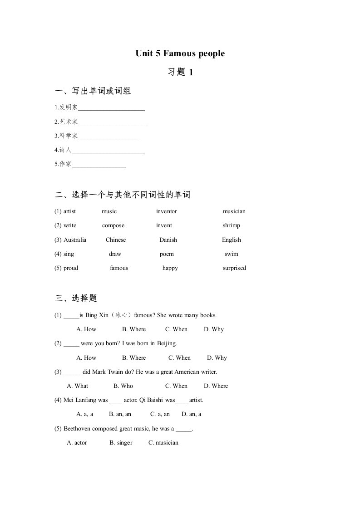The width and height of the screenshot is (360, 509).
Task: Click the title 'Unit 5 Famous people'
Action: (180, 54)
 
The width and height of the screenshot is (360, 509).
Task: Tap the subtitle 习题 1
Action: (180, 72)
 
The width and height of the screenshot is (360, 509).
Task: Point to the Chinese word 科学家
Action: (69, 136)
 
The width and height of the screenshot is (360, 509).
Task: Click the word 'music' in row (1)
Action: (109, 211)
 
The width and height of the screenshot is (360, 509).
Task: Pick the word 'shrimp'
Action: (232, 225)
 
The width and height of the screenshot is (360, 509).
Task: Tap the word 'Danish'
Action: (168, 240)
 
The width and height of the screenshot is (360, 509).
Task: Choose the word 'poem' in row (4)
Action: (167, 254)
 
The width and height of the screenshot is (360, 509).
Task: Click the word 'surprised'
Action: (234, 268)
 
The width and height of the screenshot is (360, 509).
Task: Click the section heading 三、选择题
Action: (76, 298)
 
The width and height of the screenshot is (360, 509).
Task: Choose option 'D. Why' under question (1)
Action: (214, 329)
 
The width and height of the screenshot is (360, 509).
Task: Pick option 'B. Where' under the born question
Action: (134, 358)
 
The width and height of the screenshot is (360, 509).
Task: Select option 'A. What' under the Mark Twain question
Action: (78, 386)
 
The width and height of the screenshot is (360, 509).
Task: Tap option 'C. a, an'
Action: (160, 414)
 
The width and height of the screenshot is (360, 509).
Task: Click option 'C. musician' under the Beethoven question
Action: (163, 443)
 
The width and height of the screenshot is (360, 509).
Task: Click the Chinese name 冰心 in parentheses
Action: (121, 315)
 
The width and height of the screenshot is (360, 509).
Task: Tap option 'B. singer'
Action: (121, 443)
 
